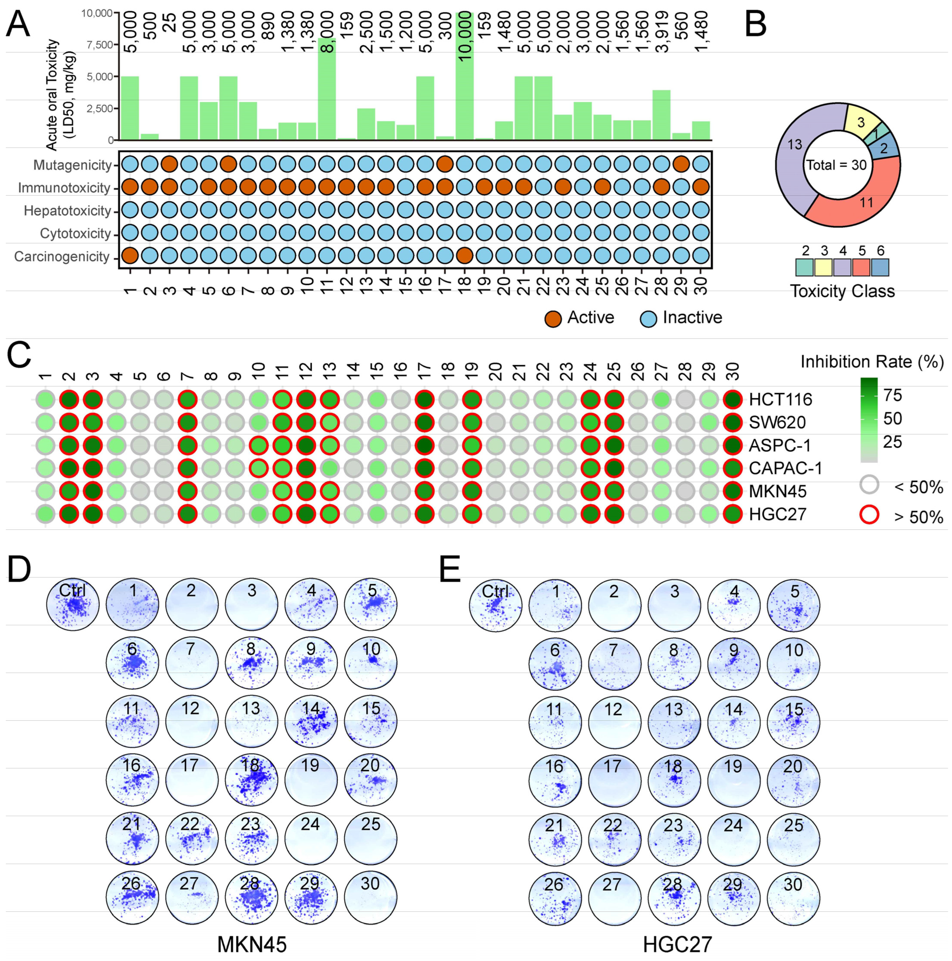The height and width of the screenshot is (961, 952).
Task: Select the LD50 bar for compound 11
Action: (x=326, y=90)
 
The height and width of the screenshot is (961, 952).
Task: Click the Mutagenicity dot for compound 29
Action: (x=681, y=164)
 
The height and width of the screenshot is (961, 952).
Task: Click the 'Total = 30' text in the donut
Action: (x=836, y=165)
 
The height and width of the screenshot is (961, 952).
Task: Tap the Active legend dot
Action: (x=553, y=319)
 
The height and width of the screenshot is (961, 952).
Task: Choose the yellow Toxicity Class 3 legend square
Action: (x=823, y=267)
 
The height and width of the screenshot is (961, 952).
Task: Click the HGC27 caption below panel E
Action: (x=677, y=943)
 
